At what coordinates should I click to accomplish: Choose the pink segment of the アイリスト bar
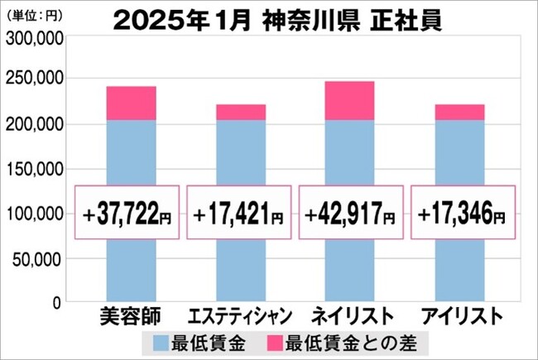pos(460,112)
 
